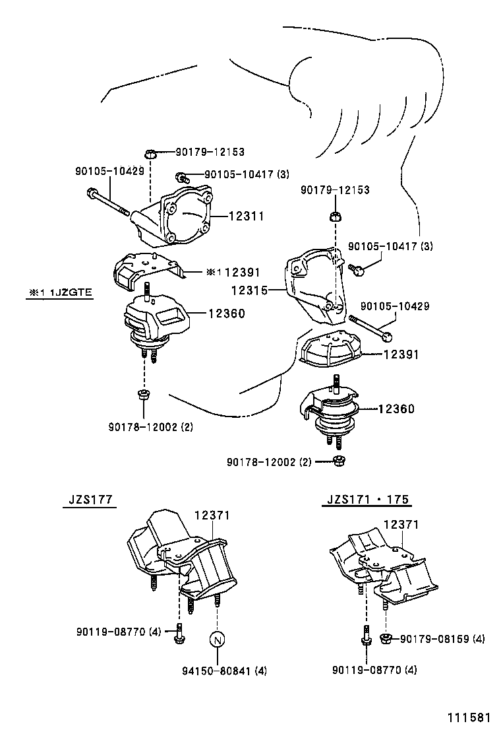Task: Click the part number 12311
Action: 246,216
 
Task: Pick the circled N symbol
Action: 218,640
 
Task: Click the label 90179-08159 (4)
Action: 442,638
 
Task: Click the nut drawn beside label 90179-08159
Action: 387,638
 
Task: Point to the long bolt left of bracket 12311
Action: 108,202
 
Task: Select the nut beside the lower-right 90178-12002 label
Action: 338,460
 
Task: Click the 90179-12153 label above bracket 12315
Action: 335,190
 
